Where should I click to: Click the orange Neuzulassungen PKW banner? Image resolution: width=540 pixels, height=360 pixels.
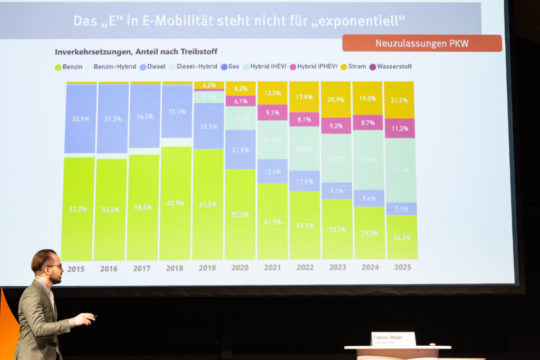pos(422,43)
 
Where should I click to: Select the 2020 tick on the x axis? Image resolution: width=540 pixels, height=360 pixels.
pos(239,268)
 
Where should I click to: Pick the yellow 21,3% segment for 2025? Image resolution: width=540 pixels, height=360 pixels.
pos(400,100)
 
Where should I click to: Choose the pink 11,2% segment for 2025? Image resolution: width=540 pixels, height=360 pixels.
pos(400,128)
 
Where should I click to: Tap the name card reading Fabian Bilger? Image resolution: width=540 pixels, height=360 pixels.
pos(393,338)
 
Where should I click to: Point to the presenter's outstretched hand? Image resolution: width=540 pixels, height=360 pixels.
pos(84,318)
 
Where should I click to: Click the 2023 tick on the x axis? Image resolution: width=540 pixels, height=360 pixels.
pos(337,267)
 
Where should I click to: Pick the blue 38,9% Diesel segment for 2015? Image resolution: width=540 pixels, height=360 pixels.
pos(81,119)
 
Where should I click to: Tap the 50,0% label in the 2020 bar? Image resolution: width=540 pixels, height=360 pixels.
pos(240,215)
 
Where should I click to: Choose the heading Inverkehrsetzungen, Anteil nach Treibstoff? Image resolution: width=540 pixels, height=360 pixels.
pos(136,52)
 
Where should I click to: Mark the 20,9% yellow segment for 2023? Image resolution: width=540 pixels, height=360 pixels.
pos(336,100)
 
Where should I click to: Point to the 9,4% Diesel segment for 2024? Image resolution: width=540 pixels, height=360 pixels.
pos(369,198)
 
